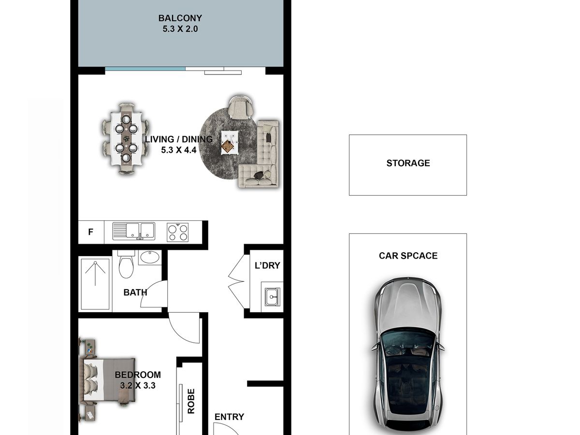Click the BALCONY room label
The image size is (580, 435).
click(x=180, y=18)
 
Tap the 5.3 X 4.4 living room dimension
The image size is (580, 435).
click(x=179, y=150)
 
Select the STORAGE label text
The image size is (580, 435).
click(x=408, y=163)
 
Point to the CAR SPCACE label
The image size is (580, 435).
click(x=408, y=256)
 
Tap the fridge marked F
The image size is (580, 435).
click(x=91, y=232)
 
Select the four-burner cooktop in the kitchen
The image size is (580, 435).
click(x=177, y=232)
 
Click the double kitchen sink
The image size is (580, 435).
click(x=134, y=231)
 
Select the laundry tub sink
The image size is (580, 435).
click(x=272, y=297)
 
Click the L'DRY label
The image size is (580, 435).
click(x=267, y=265)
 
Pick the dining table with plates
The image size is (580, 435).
click(x=126, y=138)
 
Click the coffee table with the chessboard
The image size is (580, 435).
click(x=230, y=143)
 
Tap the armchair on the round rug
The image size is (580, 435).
click(x=240, y=107)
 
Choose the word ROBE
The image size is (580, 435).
click(x=191, y=401)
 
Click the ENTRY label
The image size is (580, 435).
click(x=229, y=417)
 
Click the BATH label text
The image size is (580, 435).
click(x=135, y=292)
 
